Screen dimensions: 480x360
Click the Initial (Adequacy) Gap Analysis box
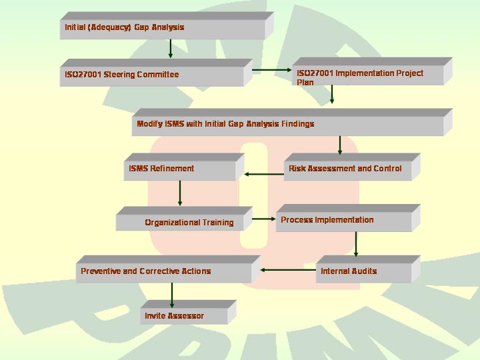pos(167,26)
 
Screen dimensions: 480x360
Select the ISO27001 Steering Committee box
pos(156,73)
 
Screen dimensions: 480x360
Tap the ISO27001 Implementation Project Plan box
pos(372,71)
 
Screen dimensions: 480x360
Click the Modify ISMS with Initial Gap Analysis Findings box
pos(292,122)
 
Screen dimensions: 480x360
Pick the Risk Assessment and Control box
pos(352,167)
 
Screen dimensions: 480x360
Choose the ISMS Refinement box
pos(184,167)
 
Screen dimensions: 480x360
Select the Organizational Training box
pos(184,219)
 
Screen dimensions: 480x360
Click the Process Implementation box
pos(348,218)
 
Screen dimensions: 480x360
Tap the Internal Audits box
pos(368,269)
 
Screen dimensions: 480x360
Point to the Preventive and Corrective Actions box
pos(168,269)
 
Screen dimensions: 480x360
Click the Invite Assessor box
pos(188,312)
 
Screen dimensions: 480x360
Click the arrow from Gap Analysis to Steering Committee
pos(171,49)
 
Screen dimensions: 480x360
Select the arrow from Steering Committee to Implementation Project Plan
pos(272,70)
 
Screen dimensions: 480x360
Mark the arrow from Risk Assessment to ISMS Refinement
pos(264,174)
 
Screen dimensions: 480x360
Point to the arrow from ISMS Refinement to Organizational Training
pos(180,193)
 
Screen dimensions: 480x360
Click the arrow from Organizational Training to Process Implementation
pos(264,219)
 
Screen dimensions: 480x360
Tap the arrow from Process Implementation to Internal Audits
pos(356,244)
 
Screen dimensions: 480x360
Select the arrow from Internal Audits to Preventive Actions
pos(288,270)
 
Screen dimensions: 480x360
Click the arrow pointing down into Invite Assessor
pos(172,295)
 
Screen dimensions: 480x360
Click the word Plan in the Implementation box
pos(305,82)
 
